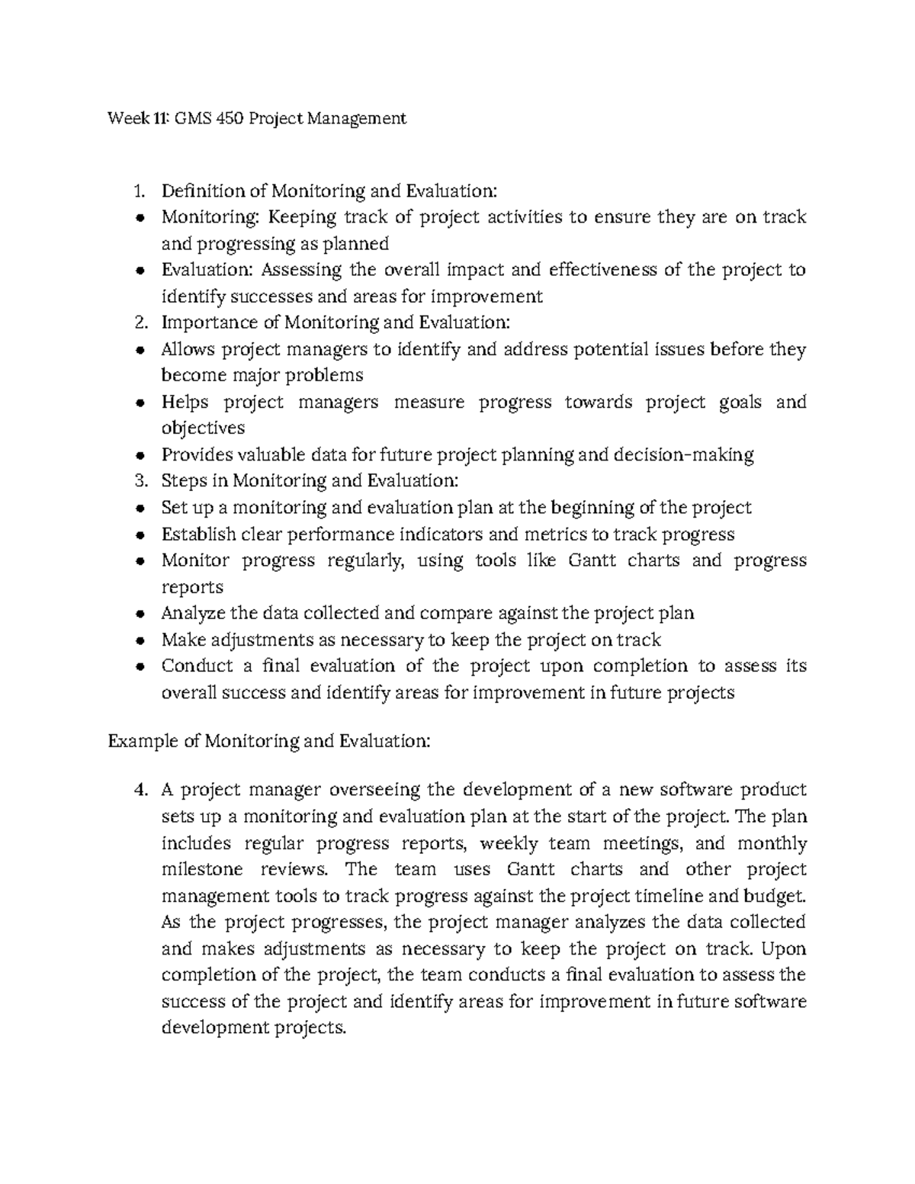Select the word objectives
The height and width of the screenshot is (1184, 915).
tap(204, 428)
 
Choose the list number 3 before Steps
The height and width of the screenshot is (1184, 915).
tap(139, 481)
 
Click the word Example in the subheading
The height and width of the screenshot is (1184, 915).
tap(143, 740)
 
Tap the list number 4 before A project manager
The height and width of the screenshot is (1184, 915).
tap(139, 790)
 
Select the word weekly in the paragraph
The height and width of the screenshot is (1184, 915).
tap(510, 843)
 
